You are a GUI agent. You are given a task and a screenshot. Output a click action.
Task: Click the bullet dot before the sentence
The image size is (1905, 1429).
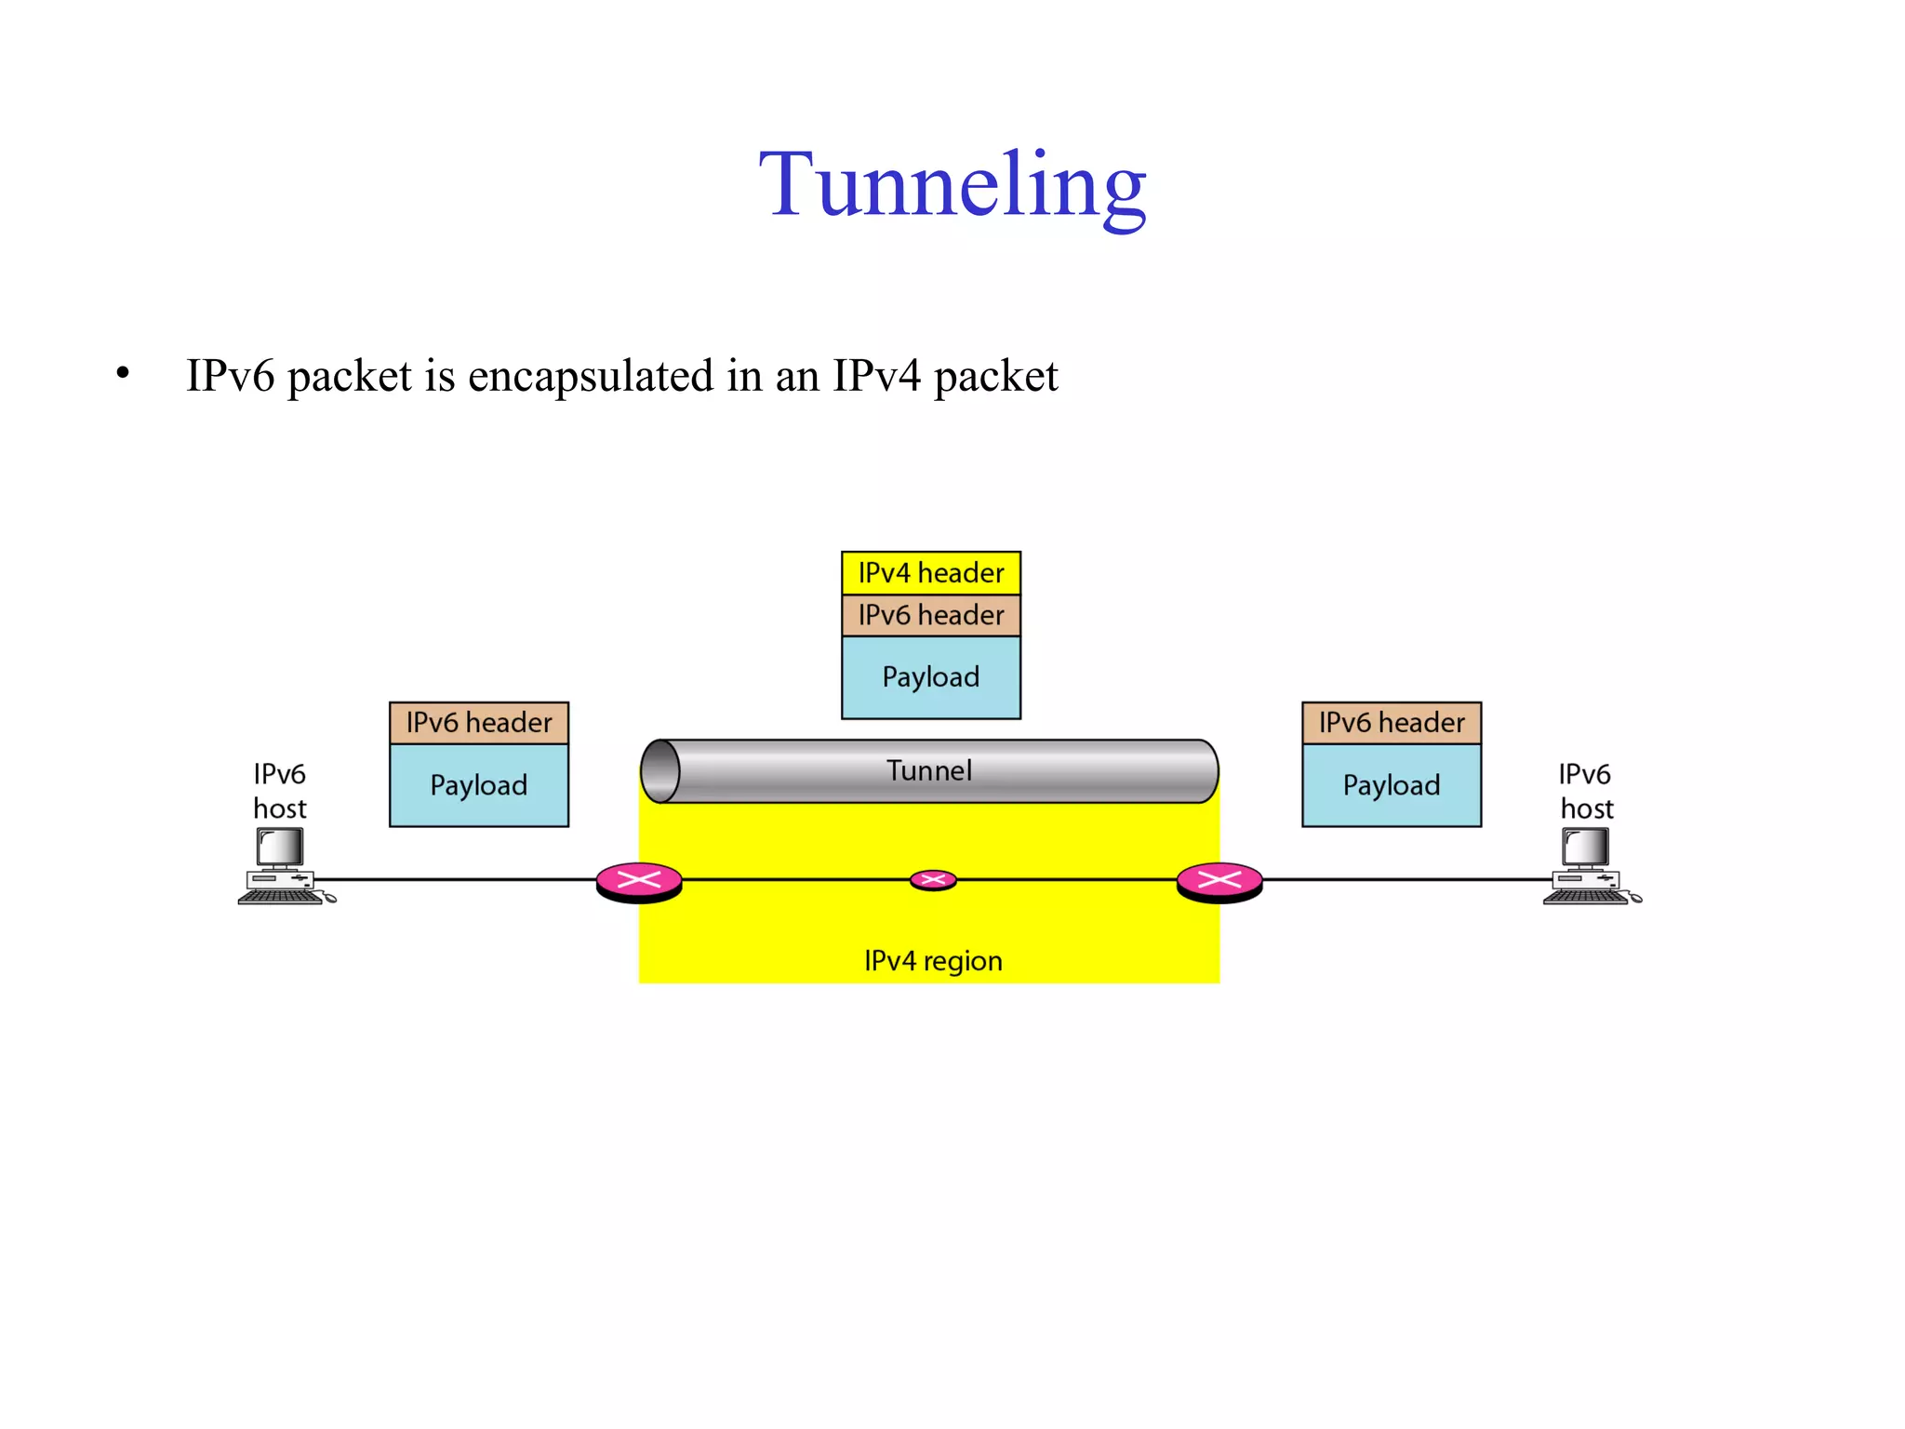click(x=123, y=374)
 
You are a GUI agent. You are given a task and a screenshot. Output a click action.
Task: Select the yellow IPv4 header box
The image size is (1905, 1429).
click(x=930, y=573)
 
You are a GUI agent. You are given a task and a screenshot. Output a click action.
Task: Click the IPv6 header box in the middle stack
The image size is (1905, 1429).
click(x=930, y=615)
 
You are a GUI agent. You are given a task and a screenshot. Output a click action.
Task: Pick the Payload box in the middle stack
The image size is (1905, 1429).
click(x=930, y=677)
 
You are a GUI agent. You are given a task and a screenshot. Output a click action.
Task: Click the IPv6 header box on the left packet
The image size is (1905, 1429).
click(x=478, y=723)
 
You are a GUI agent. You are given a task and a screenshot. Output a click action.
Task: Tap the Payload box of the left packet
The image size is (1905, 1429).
click(x=478, y=785)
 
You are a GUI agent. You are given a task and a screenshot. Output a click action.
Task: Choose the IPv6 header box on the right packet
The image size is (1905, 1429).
click(x=1391, y=723)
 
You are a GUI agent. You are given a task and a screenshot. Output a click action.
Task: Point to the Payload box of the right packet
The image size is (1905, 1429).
click(x=1391, y=785)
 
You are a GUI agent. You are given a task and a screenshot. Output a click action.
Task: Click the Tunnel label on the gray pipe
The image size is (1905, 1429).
click(x=928, y=770)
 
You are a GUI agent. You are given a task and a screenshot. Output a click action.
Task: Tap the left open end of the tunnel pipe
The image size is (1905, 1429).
click(x=660, y=771)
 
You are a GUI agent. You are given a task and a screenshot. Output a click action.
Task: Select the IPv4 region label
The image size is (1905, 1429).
click(x=933, y=960)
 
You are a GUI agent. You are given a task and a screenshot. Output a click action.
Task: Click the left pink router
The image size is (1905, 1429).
click(x=639, y=881)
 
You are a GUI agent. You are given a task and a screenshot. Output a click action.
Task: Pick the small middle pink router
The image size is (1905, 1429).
click(x=933, y=880)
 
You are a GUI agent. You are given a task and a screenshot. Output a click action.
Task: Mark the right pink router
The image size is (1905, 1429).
click(x=1219, y=881)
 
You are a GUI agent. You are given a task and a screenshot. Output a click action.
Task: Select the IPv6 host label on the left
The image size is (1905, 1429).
click(x=279, y=791)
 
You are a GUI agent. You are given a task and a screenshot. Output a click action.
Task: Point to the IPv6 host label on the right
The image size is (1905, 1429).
click(x=1586, y=791)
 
